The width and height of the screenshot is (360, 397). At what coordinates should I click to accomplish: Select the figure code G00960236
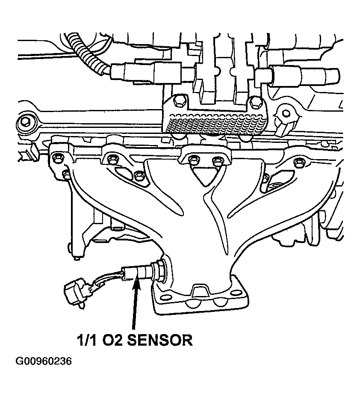coord(44,362)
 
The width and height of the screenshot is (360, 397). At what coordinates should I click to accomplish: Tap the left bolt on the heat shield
coord(180,102)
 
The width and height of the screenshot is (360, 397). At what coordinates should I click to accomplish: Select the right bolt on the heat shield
coord(256,102)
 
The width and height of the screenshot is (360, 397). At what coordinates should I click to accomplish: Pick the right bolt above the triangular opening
coord(218,161)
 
